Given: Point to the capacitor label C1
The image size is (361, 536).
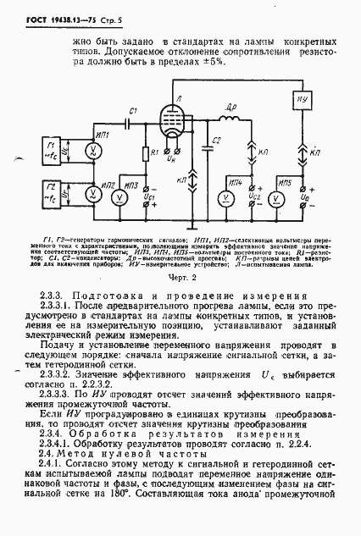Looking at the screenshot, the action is click(x=134, y=111).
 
